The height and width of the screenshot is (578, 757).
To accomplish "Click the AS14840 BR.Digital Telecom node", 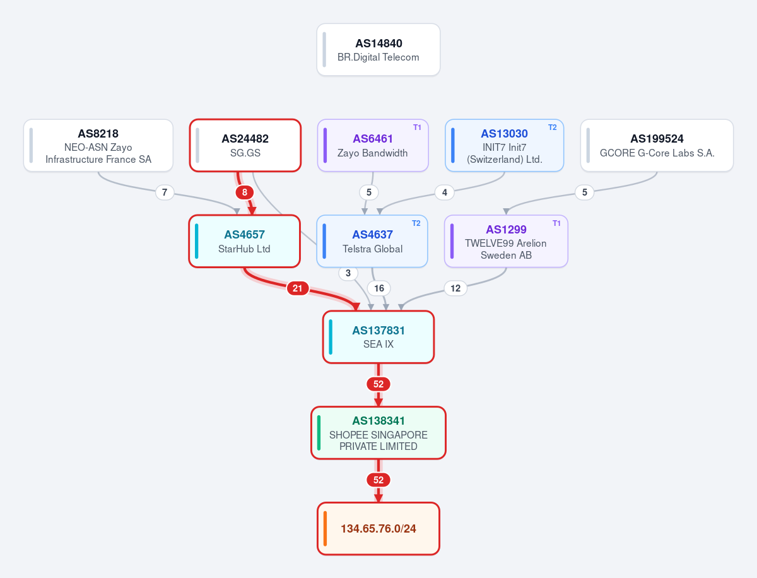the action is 378,49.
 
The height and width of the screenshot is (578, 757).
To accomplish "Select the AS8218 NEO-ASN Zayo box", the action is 98,145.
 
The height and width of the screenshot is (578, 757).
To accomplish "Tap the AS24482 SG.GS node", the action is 245,145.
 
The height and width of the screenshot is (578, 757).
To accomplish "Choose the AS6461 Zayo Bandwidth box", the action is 373,145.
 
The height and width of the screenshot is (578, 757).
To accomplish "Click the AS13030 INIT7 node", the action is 504,145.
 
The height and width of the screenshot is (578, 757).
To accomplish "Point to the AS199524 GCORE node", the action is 657,145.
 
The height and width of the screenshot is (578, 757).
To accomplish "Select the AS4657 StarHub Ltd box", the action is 245,241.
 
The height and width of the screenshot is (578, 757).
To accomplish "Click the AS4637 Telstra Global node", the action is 372,241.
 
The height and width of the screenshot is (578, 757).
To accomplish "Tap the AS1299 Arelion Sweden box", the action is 506,241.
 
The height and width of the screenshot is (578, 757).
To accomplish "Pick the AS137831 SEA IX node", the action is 378,337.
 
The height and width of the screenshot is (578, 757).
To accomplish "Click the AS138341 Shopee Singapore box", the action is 378,433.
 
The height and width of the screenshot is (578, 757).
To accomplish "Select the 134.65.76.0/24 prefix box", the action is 378,529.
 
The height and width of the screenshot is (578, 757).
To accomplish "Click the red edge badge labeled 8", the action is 245,192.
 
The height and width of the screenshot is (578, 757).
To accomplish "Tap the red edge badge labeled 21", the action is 298,288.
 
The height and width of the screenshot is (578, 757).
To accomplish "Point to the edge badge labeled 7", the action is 165,192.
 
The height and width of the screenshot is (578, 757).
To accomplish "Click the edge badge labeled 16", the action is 379,288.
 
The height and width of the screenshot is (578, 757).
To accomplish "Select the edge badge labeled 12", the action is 455,288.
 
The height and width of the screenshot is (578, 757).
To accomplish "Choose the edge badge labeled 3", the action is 348,273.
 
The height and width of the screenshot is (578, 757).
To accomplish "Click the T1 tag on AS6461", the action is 418,127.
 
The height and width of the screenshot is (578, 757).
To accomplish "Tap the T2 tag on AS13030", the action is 553,127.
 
